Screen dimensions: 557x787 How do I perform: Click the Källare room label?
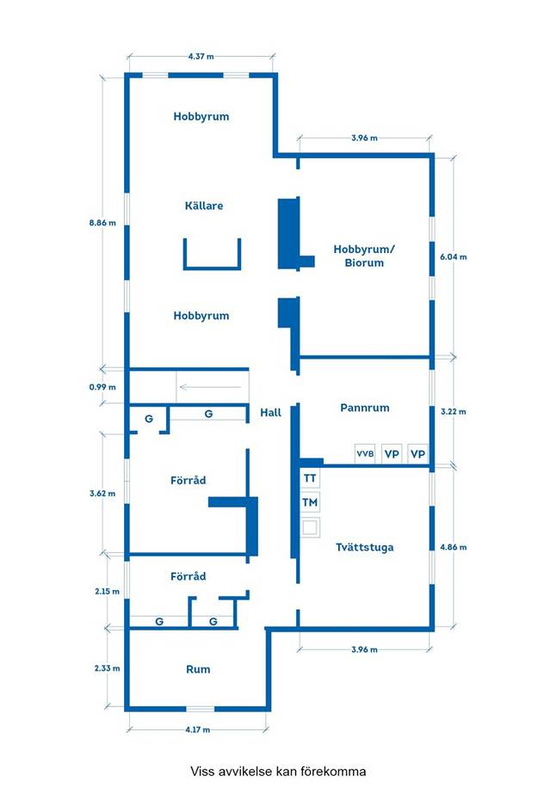point(204,206)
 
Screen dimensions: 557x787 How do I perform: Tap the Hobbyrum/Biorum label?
point(364,255)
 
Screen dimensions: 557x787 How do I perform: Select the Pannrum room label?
point(365,408)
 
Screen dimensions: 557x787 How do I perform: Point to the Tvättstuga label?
point(365,547)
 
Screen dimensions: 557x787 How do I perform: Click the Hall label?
point(270,413)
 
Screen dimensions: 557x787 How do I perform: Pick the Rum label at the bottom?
point(198,669)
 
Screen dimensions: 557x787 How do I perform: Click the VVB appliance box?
point(365,454)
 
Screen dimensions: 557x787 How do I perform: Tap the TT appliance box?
point(310,478)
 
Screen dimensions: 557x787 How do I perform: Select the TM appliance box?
point(310,502)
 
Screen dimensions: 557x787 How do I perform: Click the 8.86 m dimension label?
point(102,223)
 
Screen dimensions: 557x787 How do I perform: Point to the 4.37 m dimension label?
point(201,56)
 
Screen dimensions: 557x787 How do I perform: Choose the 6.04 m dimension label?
point(454,256)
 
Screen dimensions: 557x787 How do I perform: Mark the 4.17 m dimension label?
point(197,729)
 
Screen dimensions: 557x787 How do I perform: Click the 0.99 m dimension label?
point(102,387)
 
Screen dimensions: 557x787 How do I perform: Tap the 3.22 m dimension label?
point(454,412)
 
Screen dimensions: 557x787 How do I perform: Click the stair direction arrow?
point(210,387)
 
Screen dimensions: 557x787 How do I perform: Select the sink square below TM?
point(310,527)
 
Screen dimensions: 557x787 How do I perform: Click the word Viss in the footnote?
point(201,771)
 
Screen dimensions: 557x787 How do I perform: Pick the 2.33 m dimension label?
point(108,668)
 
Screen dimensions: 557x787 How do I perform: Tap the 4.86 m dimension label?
point(454,547)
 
